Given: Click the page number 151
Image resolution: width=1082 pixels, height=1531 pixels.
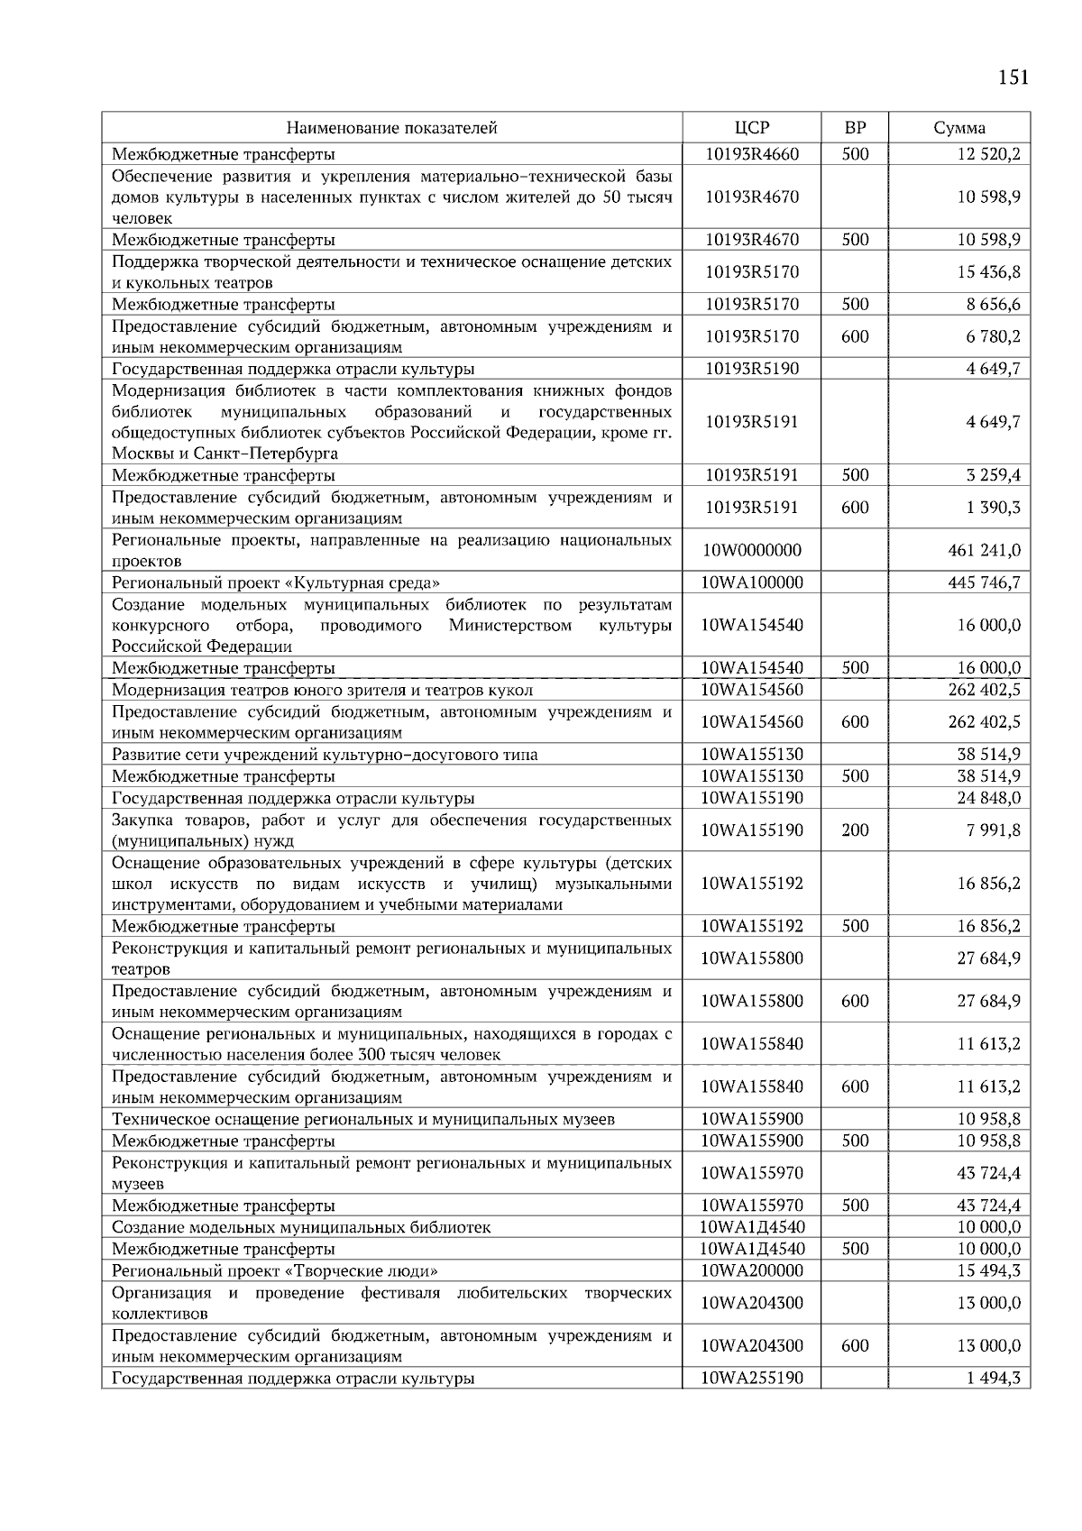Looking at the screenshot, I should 1013,78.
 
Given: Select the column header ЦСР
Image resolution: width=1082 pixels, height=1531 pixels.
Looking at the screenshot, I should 752,128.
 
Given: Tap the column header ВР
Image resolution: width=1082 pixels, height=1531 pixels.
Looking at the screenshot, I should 855,128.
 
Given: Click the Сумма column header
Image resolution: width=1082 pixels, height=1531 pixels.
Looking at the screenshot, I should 959,128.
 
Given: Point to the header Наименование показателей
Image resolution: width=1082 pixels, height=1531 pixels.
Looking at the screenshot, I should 392,128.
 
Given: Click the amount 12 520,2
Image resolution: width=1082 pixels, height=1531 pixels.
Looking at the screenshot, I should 988,154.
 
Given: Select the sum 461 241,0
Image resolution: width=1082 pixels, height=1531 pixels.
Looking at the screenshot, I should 985,550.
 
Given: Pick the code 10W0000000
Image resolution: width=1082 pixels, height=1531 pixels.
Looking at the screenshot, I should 751,550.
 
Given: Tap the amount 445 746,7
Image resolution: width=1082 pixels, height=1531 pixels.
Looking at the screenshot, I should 985,582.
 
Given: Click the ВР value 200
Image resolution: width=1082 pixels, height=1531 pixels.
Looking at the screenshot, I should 855,830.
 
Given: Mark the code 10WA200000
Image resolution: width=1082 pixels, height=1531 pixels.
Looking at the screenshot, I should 751,1270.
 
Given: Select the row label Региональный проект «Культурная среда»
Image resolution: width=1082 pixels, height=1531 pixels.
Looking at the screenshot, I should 276,582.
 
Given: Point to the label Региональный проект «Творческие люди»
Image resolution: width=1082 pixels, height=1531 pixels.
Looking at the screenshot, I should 275,1270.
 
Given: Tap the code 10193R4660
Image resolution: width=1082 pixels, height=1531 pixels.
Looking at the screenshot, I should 751,154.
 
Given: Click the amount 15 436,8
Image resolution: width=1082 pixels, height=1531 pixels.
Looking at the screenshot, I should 988,271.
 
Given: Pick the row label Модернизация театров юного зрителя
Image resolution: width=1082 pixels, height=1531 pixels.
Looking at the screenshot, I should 322,690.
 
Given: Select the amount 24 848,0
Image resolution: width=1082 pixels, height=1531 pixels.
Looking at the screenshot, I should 988,798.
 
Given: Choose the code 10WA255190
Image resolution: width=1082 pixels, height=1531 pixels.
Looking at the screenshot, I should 751,1378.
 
